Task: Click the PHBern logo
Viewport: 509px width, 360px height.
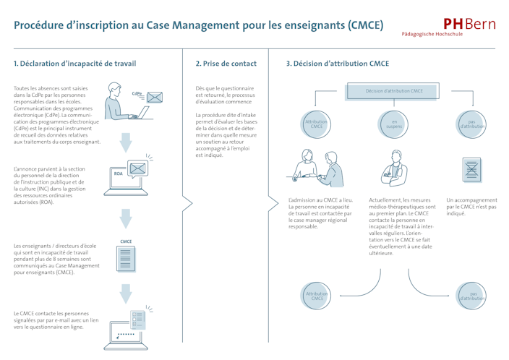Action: [x=469, y=25]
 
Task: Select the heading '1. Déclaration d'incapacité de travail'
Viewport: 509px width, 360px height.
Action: [x=75, y=64]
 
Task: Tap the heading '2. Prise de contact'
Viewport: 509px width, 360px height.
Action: [x=226, y=64]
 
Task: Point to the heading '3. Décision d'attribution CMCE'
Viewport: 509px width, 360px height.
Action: [x=338, y=64]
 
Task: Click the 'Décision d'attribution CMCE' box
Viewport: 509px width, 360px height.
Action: [x=394, y=91]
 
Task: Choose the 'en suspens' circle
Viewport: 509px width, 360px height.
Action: [x=394, y=124]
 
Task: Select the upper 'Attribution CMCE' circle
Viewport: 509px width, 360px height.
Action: [x=316, y=124]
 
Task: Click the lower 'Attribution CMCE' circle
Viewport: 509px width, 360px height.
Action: [x=316, y=296]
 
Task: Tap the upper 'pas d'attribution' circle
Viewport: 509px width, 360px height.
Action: [x=471, y=124]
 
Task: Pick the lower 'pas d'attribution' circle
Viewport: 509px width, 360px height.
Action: [x=473, y=296]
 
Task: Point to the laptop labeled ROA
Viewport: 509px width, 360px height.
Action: [x=127, y=179]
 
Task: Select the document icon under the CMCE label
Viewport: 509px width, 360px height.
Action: [x=126, y=260]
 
